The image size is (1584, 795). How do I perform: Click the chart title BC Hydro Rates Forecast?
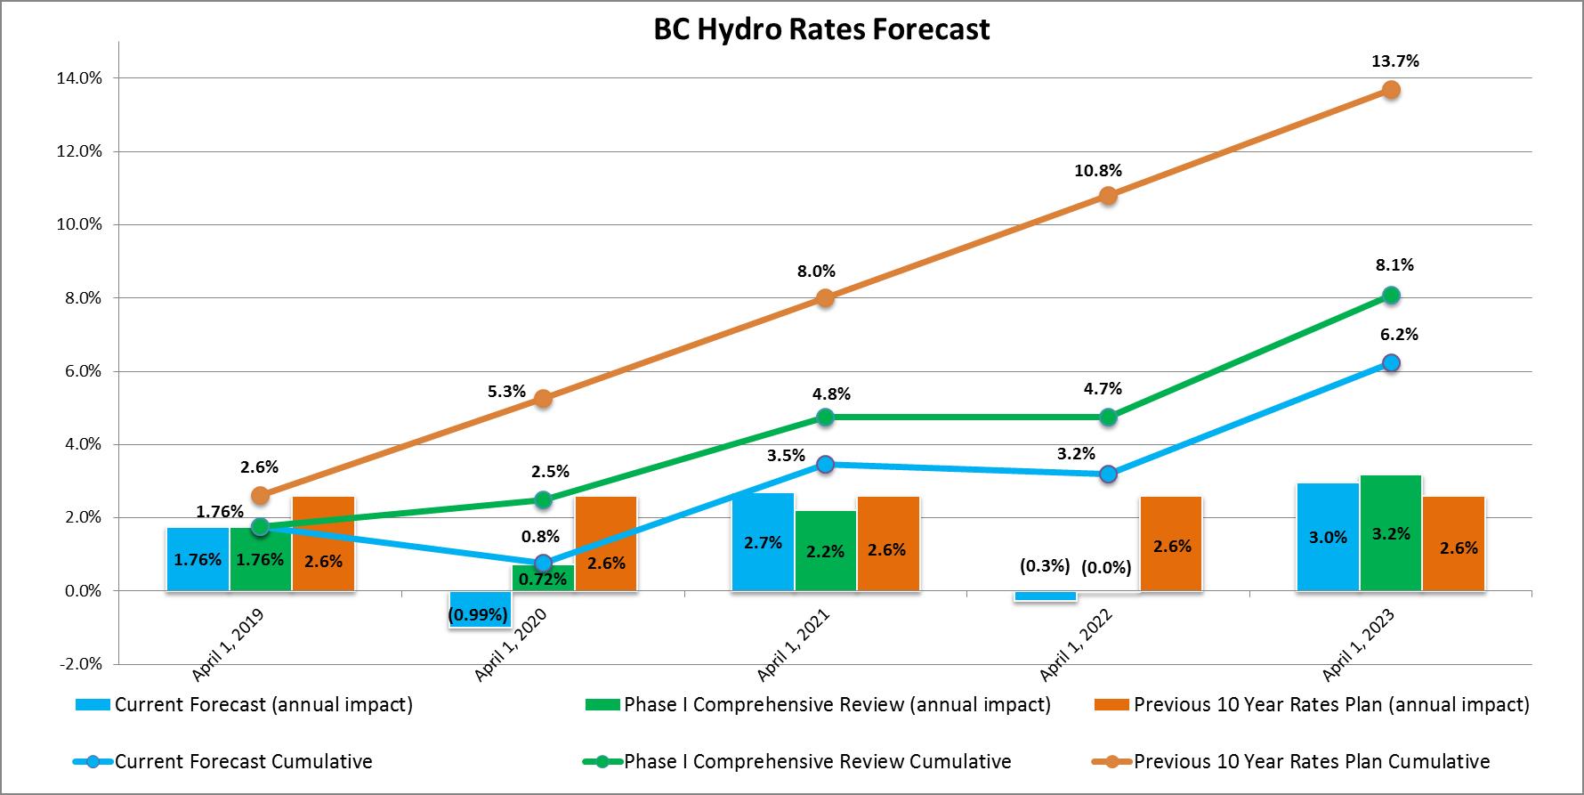pos(820,29)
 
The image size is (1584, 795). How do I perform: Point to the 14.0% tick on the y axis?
pos(79,78)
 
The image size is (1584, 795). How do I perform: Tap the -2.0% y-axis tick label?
pos(78,664)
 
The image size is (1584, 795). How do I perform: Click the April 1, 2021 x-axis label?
pos(793,645)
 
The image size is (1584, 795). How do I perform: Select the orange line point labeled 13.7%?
pos(1391,90)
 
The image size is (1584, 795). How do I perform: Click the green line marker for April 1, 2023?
pos(1391,296)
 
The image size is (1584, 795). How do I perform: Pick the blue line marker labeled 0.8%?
pos(543,564)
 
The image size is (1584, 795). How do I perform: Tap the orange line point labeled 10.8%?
pos(1108,196)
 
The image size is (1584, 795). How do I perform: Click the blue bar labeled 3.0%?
pos(1328,537)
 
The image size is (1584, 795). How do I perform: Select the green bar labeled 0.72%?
pos(543,579)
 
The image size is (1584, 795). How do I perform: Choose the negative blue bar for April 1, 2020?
pos(480,610)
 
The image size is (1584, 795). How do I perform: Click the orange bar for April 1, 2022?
pos(1171,545)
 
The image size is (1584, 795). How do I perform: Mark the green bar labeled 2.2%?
pos(826,550)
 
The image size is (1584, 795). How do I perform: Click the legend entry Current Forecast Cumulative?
pos(243,762)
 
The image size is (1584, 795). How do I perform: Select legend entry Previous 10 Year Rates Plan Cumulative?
pos(1311,762)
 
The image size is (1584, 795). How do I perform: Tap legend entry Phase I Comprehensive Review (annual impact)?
pos(836,705)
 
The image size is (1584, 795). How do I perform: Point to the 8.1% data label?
pos(1394,265)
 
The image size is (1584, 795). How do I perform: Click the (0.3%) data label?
pos(1045,566)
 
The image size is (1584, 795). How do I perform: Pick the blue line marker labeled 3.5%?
pos(826,464)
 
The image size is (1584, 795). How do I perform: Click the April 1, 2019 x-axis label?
pos(228,645)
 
